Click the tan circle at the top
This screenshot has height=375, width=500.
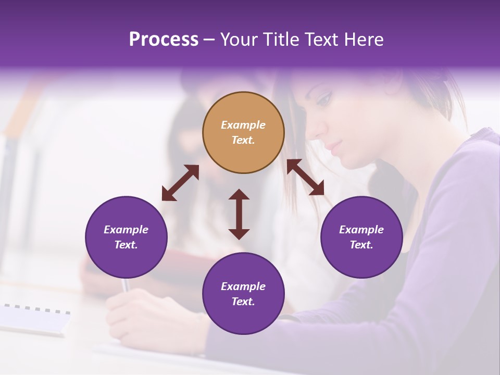pos(243,132)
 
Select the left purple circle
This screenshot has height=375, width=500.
pos(126,238)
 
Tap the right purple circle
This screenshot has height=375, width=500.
pos(361,238)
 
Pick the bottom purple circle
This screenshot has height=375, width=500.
pos(243,294)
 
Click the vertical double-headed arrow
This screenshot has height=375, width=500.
pos(239,214)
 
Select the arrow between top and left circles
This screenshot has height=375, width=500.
pos(180,182)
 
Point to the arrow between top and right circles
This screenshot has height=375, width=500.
pos(305,177)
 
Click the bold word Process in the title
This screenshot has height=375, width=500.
pos(164,39)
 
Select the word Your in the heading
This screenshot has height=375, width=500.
pos(239,39)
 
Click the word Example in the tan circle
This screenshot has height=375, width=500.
pos(243,125)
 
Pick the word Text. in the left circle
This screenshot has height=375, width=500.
pos(126,245)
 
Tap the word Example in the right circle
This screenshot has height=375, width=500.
pos(361,230)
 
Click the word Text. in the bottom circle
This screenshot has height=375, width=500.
pos(243,302)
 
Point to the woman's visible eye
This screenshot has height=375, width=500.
pos(323,98)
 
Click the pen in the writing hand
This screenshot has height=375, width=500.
pos(126,285)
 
